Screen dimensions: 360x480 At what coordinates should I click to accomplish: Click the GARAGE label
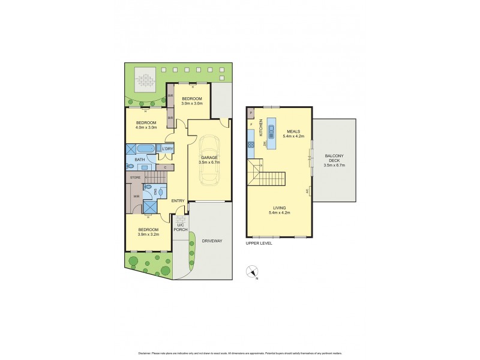[x=209, y=158]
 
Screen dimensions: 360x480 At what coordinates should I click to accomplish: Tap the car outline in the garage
[x=209, y=161]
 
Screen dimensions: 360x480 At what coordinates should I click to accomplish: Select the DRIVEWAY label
[x=213, y=241]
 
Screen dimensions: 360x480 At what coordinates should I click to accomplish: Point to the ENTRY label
[x=178, y=200]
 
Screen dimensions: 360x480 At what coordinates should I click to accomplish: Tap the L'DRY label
[x=168, y=149]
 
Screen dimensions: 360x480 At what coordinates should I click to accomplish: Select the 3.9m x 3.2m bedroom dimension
[x=148, y=235]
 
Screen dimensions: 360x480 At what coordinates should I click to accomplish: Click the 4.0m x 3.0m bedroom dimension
[x=146, y=127]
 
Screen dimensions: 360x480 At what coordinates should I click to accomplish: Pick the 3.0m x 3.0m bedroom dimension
[x=192, y=103]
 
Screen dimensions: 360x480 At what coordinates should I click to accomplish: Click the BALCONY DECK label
[x=334, y=158]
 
